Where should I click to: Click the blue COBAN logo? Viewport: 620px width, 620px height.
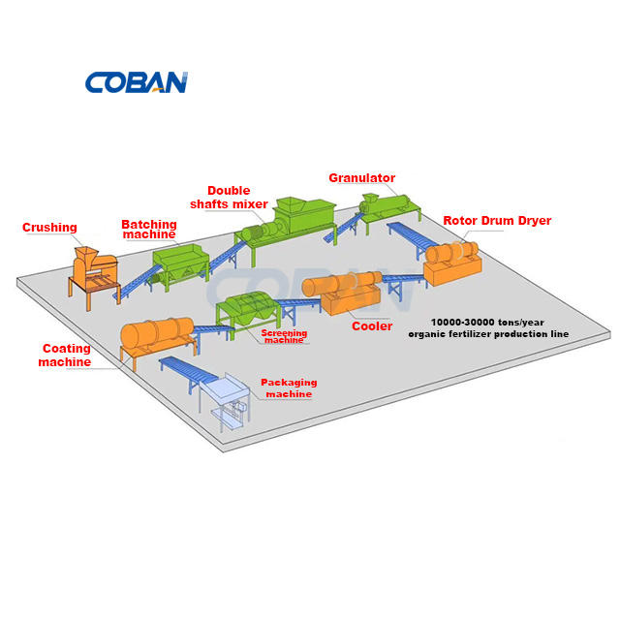137,82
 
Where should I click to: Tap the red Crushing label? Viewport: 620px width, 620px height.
49,228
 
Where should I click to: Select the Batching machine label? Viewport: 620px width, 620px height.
149,230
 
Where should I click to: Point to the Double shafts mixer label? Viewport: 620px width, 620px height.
229,198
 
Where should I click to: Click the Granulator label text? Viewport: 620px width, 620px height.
361,178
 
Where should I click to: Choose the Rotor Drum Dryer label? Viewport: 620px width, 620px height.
497,221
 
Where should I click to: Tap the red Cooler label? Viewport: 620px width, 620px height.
372,326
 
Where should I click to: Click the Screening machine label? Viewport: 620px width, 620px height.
284,336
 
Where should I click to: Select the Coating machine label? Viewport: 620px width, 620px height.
65,356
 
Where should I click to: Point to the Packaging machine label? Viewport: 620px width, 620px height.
289,388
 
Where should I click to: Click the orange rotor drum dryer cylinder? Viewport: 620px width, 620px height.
451,252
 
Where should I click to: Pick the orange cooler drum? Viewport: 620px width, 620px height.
342,283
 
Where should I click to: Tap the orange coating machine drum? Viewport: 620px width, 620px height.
157,333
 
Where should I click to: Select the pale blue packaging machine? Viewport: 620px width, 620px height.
226,400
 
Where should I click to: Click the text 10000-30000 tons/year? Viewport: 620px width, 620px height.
487,323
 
